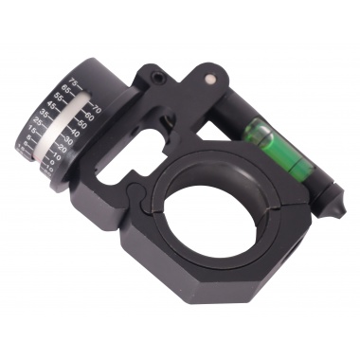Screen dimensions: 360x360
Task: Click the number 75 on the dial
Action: [x=74, y=81]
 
